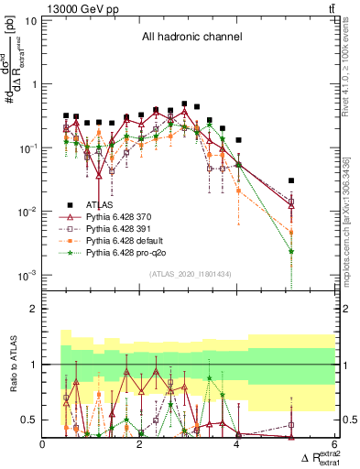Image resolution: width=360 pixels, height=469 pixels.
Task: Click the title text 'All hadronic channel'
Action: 191,38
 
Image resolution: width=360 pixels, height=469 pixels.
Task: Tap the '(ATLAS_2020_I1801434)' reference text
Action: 191,275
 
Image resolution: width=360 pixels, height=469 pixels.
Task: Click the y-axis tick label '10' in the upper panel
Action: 28,19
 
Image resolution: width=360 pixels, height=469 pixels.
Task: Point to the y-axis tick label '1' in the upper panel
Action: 33,83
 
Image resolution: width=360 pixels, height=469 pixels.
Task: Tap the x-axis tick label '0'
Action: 43,443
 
